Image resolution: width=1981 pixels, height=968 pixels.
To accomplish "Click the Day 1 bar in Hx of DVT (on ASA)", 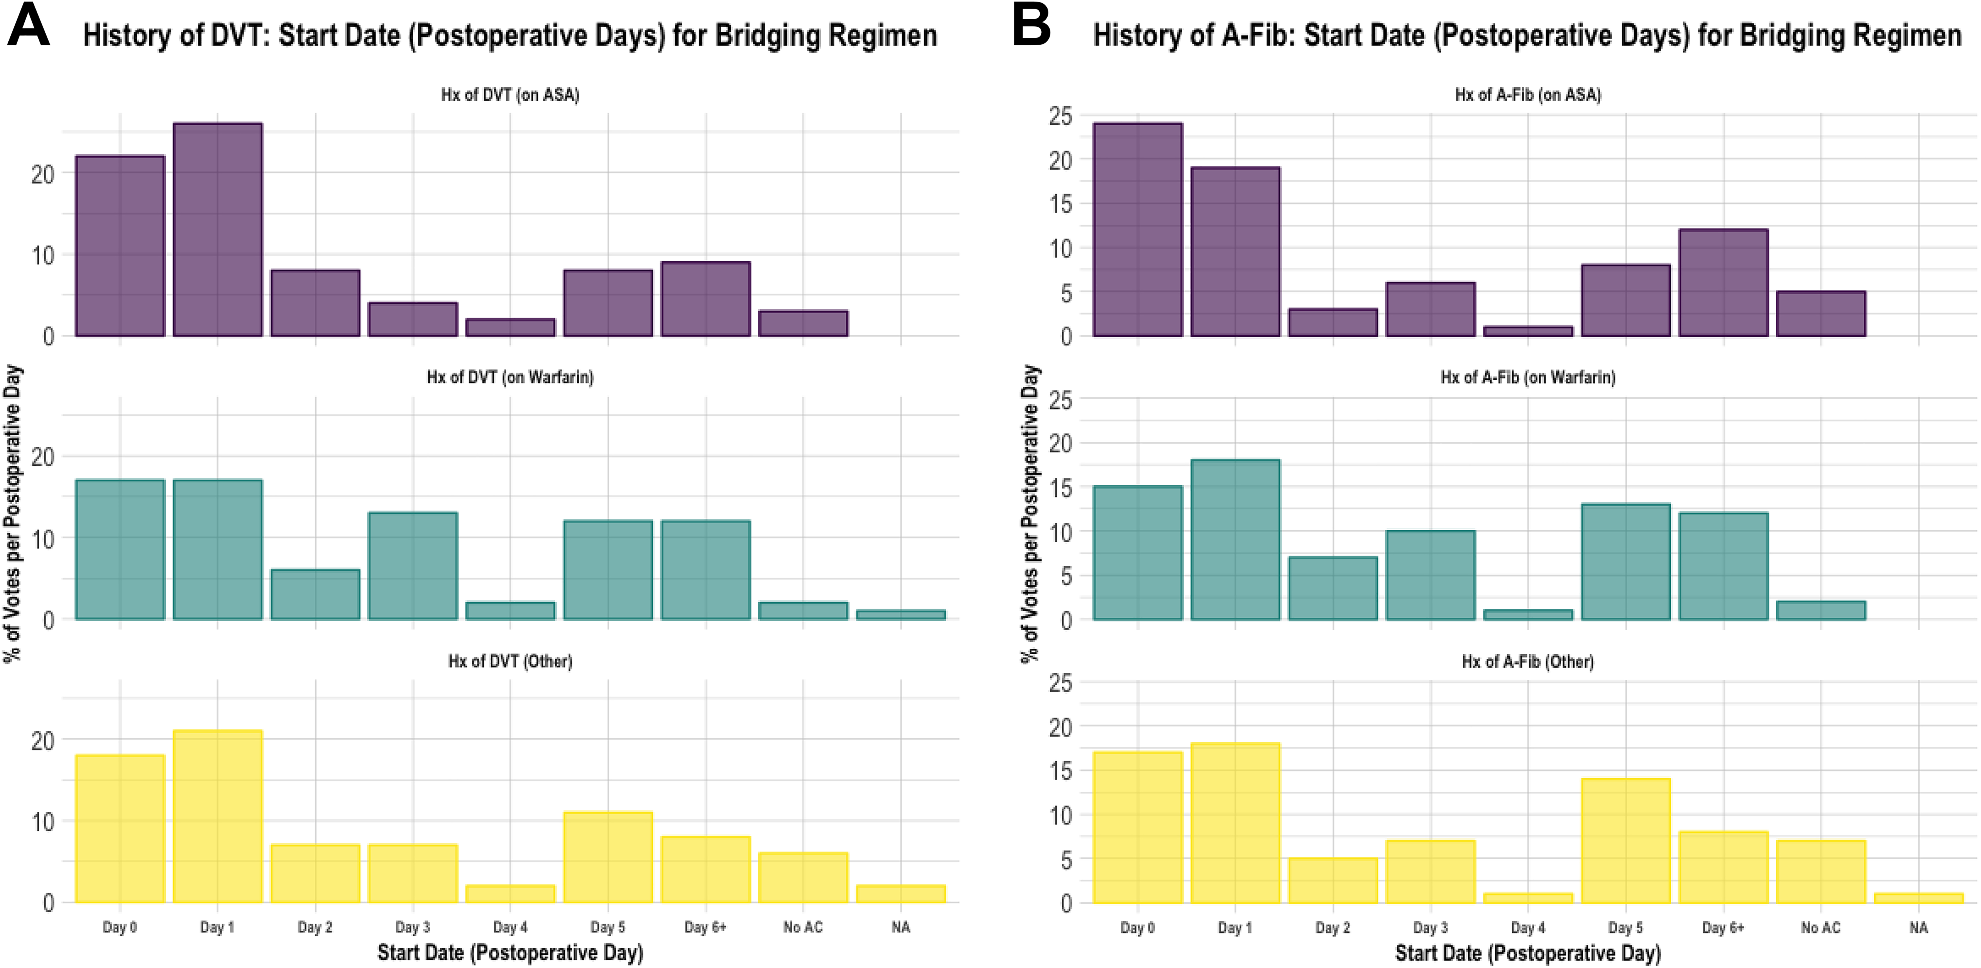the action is [218, 229].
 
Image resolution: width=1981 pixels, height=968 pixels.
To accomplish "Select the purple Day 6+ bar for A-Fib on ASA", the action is [1723, 282].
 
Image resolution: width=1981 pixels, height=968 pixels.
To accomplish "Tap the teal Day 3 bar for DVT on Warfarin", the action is [413, 565].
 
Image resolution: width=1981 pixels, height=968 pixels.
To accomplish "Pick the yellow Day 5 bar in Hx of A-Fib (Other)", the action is [1626, 840].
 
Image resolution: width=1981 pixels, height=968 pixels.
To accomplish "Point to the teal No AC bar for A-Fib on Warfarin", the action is [1821, 610].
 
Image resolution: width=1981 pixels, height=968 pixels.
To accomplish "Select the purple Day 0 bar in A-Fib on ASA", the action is [1137, 229].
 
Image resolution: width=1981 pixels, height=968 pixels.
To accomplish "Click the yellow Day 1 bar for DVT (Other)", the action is [218, 816].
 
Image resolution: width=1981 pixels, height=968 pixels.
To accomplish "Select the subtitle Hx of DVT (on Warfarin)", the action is [510, 377].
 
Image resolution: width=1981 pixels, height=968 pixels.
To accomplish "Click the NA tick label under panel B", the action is [1919, 927].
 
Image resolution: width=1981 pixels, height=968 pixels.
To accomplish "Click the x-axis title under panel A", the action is [510, 953].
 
